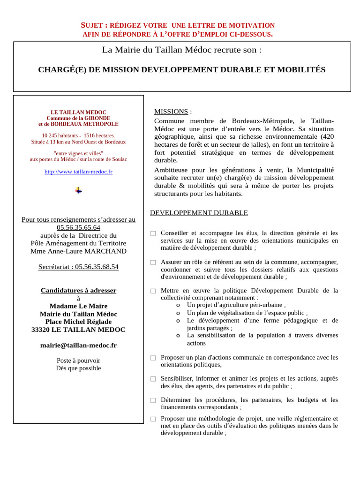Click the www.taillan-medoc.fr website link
[x=78, y=172]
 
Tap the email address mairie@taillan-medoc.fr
[x=78, y=345]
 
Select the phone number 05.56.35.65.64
[x=78, y=227]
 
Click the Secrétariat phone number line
[x=78, y=267]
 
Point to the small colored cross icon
[x=78, y=190]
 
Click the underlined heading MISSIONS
[x=171, y=112]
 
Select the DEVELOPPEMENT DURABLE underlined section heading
[x=199, y=213]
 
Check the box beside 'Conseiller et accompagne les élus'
[x=153, y=233]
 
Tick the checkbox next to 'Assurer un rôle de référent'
[x=153, y=262]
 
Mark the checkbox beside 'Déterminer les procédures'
[x=153, y=400]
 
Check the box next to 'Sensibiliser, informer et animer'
[x=153, y=379]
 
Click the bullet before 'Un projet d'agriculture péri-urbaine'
[x=178, y=305]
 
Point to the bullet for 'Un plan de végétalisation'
[x=178, y=313]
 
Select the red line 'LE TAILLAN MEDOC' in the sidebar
[x=78, y=112]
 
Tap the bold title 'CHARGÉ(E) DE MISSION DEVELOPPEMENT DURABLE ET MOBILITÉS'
[x=181, y=70]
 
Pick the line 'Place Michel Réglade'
[x=78, y=322]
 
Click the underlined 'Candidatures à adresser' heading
[x=78, y=290]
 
